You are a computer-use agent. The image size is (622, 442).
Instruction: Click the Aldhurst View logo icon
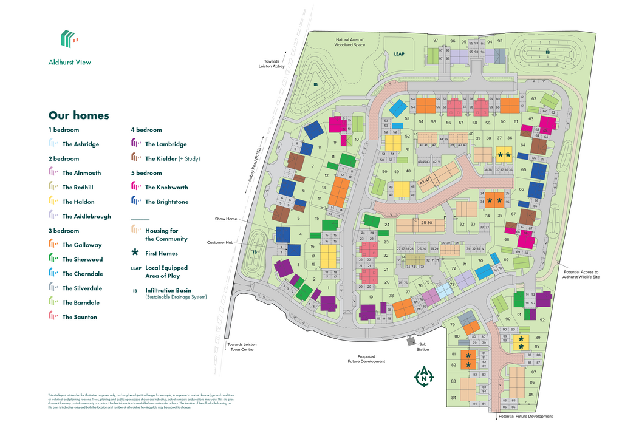pyautogui.click(x=69, y=39)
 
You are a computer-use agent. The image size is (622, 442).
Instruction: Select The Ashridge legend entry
pyautogui.click(x=80, y=144)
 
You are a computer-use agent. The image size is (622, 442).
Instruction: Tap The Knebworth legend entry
pyautogui.click(x=166, y=188)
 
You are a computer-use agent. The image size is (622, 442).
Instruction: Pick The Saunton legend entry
pyautogui.click(x=79, y=317)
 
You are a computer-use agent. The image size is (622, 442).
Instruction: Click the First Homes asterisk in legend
pyautogui.click(x=135, y=253)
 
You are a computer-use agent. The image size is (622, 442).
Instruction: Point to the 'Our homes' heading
pyautogui.click(x=79, y=115)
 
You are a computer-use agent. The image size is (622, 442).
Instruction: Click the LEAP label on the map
pyautogui.click(x=399, y=54)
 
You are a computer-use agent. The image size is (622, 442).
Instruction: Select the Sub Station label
pyautogui.click(x=423, y=347)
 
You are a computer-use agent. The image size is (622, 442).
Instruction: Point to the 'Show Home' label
pyautogui.click(x=225, y=219)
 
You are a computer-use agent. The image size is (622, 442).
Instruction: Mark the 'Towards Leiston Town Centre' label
pyautogui.click(x=241, y=347)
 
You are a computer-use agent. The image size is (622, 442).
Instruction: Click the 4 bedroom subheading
pyautogui.click(x=146, y=130)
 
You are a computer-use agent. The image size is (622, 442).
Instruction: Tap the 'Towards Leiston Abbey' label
pyautogui.click(x=272, y=64)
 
